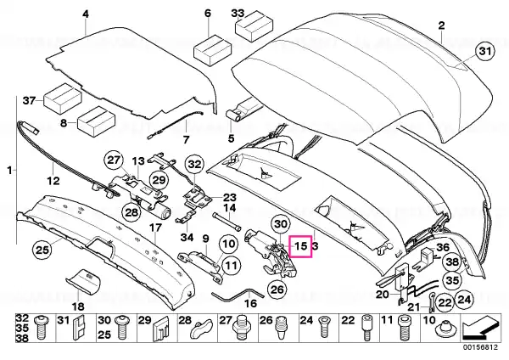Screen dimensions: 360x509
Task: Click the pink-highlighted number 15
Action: (x=301, y=247)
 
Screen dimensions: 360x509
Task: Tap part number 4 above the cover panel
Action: (x=86, y=14)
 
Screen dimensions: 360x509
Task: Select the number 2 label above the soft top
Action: (x=441, y=25)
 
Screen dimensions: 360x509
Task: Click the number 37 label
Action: (x=28, y=100)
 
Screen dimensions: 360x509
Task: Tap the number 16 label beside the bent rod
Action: (x=251, y=303)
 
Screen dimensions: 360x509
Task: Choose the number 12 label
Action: (x=52, y=180)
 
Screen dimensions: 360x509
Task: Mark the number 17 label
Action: (x=156, y=228)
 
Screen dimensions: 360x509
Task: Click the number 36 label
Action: (x=442, y=247)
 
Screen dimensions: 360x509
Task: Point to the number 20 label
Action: (x=383, y=294)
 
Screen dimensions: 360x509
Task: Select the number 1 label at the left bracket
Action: (x=10, y=172)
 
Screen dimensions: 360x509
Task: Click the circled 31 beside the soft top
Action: (x=484, y=53)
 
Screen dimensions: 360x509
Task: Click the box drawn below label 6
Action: (x=208, y=51)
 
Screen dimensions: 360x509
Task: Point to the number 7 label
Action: (x=187, y=139)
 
